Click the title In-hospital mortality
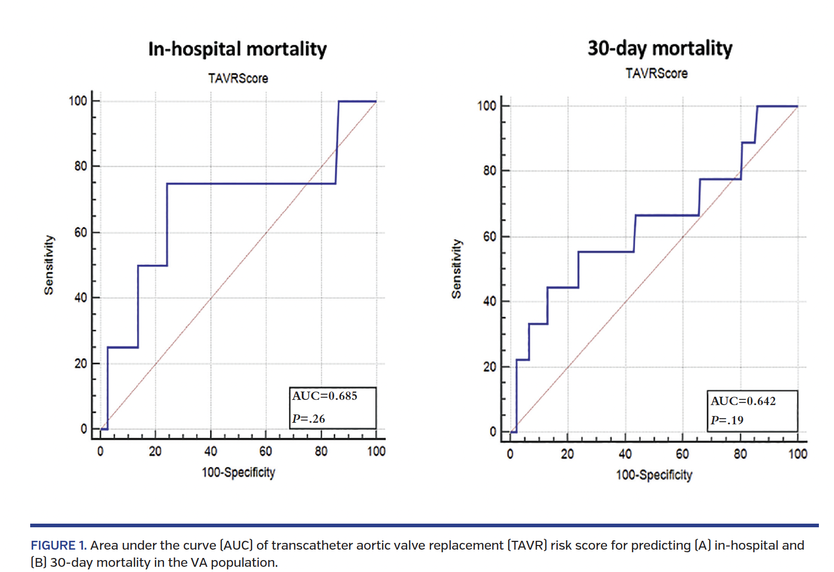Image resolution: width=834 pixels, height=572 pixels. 237,49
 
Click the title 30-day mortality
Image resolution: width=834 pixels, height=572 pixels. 660,48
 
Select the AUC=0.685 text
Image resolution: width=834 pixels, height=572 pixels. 325,396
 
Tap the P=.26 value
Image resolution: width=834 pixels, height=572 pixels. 309,419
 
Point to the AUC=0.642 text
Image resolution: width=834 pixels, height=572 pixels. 743,401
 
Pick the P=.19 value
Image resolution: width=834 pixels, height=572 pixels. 727,420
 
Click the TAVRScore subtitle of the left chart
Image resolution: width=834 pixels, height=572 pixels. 238,79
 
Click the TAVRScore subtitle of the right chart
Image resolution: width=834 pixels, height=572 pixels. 656,73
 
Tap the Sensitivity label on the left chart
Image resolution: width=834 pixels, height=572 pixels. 48,265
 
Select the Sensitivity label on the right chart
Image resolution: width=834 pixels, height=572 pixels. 456,269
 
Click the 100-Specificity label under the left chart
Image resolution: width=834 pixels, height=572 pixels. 238,472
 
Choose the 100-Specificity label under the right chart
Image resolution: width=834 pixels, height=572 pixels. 654,475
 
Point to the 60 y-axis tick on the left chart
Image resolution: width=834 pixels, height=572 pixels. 81,232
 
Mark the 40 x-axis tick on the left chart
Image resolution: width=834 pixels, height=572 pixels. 210,451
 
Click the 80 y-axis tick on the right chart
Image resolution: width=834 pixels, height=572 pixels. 489,171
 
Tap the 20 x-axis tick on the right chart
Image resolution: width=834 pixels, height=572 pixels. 567,454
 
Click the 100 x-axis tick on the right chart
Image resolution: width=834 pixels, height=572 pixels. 797,454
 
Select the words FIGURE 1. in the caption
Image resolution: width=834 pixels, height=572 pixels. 58,545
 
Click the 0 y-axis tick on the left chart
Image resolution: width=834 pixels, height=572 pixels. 84,429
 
